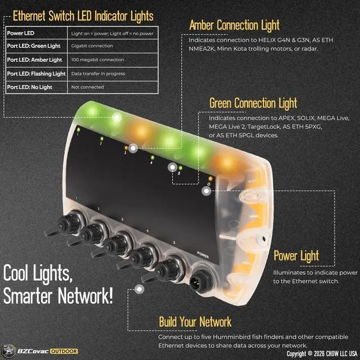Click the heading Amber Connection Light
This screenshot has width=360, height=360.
(x=234, y=25)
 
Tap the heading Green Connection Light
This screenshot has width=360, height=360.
(x=253, y=103)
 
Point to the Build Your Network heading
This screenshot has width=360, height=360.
(x=195, y=322)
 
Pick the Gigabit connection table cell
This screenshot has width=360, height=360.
(x=92, y=46)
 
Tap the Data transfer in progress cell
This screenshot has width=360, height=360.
(x=98, y=74)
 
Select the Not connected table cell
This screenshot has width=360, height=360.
(x=87, y=87)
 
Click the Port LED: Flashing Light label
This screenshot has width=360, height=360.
(x=36, y=74)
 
